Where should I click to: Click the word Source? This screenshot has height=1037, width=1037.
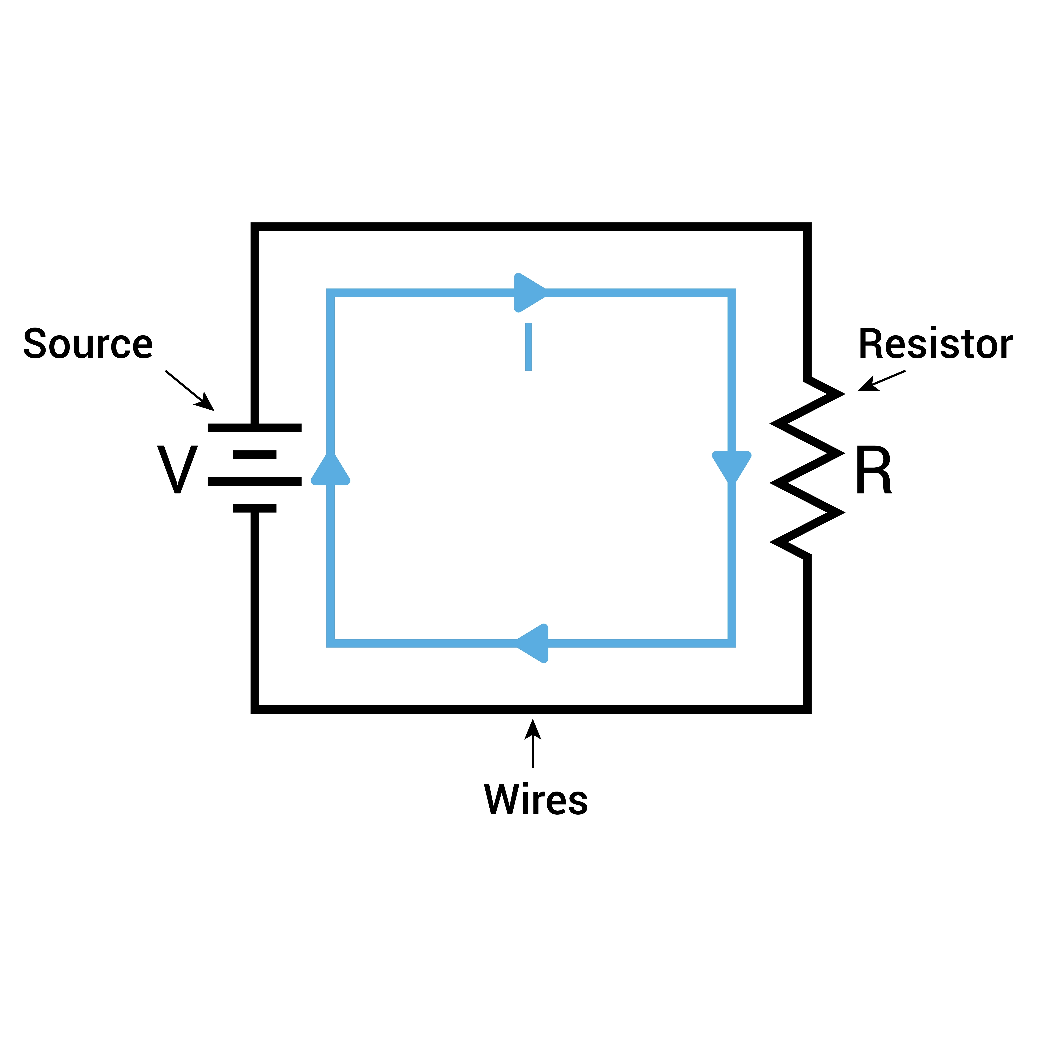click(88, 343)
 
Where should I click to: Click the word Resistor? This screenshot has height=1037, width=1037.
click(935, 343)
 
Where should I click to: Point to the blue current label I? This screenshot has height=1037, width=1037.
click(528, 347)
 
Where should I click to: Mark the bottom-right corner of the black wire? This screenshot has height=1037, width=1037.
click(807, 710)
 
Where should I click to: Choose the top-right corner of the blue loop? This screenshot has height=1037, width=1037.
click(732, 292)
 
